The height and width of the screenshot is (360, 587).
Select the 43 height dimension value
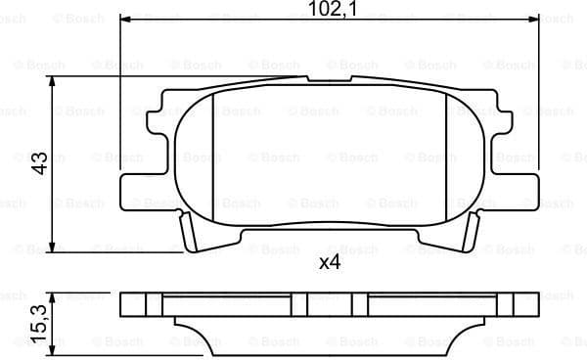(40, 162)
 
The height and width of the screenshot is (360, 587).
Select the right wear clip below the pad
(471, 235)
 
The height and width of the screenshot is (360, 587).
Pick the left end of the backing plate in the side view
(124, 304)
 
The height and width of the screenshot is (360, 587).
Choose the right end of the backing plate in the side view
(534, 304)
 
